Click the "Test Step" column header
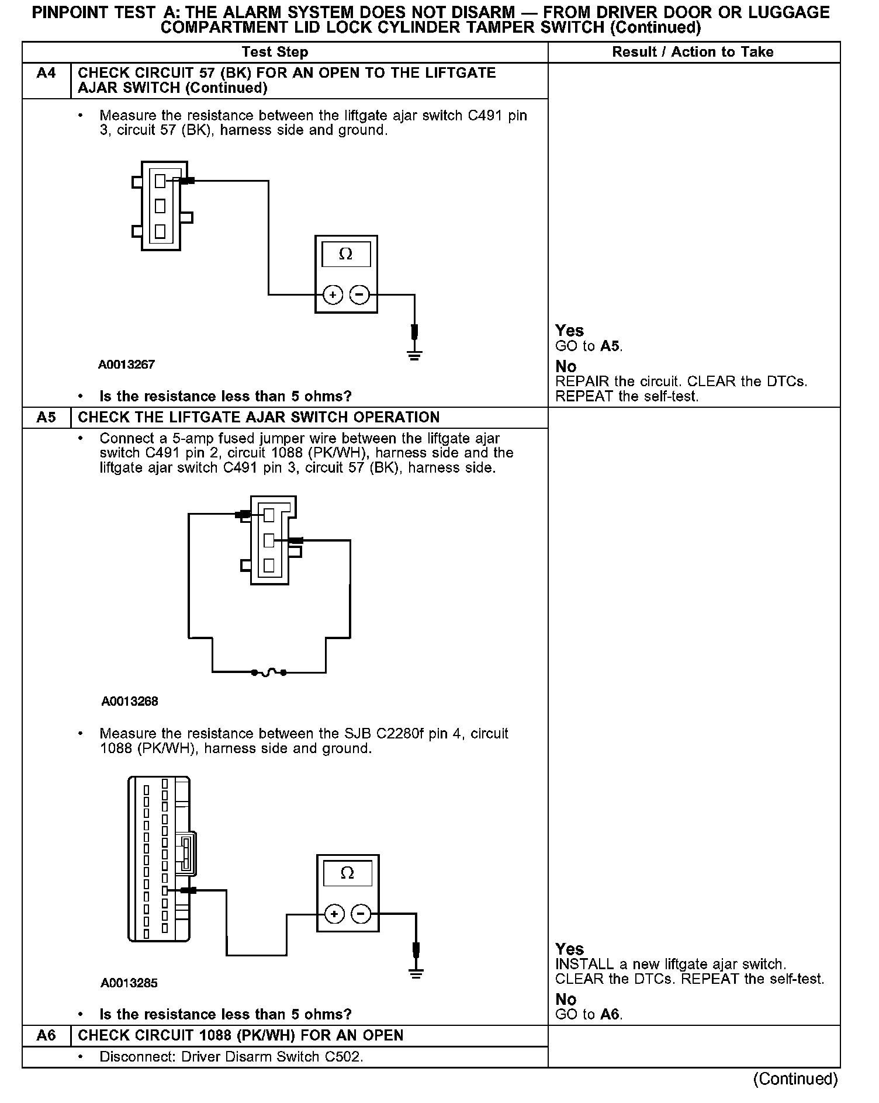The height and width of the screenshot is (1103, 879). click(x=275, y=52)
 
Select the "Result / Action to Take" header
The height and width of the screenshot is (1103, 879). click(x=693, y=52)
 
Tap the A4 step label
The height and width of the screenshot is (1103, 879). click(x=46, y=74)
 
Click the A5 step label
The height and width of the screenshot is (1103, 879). click(x=46, y=417)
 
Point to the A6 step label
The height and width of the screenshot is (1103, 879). click(x=46, y=1035)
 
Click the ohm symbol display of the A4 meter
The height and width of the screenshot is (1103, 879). click(x=346, y=254)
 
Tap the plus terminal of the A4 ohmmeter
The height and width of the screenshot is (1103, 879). click(x=333, y=295)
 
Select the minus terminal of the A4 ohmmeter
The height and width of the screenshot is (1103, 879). click(x=359, y=295)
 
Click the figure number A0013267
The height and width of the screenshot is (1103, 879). click(x=126, y=365)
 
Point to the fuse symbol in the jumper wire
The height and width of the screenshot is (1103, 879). click(x=268, y=672)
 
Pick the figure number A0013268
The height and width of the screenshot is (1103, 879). click(x=130, y=701)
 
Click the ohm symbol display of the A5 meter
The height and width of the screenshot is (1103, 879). click(x=347, y=873)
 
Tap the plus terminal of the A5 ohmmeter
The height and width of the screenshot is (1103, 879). click(x=334, y=914)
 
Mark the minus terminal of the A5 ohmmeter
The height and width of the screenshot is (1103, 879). click(x=362, y=914)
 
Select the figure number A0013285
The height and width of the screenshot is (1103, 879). click(x=129, y=983)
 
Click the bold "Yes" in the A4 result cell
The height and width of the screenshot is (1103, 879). click(x=569, y=331)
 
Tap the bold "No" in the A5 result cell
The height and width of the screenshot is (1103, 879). click(x=566, y=999)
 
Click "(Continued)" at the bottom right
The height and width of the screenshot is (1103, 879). click(x=795, y=1078)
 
